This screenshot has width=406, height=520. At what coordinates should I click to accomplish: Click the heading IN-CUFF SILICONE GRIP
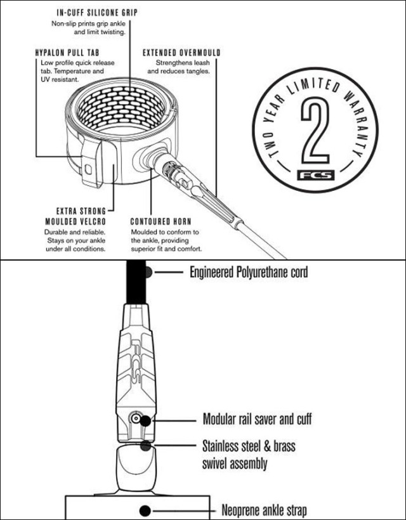pos(97,13)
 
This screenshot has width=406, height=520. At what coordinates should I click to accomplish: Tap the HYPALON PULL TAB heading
pos(67,53)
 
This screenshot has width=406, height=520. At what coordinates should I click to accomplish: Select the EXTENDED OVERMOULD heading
pos(181,53)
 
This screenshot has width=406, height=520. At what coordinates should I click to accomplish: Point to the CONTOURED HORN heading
pos(160,221)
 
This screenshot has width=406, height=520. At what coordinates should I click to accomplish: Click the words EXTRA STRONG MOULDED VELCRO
pos(75,216)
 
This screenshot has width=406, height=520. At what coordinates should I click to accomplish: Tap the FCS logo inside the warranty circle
pos(315,175)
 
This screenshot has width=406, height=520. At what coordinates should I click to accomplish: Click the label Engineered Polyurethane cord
pos(249,272)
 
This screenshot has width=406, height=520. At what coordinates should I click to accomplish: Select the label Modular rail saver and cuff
pos(257,419)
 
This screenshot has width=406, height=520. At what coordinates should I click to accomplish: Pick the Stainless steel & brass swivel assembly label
pos(249,455)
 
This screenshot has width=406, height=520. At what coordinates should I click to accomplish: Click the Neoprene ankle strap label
pos(264,510)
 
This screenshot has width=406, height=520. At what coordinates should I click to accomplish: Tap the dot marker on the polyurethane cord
pos(148,272)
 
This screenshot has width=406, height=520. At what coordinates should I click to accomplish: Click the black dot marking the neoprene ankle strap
pos(145,510)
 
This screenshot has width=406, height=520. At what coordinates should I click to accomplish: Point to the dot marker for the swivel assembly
pos(146,446)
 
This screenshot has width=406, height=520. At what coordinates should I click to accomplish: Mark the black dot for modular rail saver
pos(145,420)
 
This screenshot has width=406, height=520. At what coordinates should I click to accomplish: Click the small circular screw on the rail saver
pos(135,418)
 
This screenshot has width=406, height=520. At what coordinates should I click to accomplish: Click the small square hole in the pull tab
pos(88,169)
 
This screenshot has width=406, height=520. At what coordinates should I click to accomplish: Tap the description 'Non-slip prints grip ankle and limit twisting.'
pos(88,28)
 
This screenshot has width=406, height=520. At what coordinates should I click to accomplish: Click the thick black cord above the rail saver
pos(136,282)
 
